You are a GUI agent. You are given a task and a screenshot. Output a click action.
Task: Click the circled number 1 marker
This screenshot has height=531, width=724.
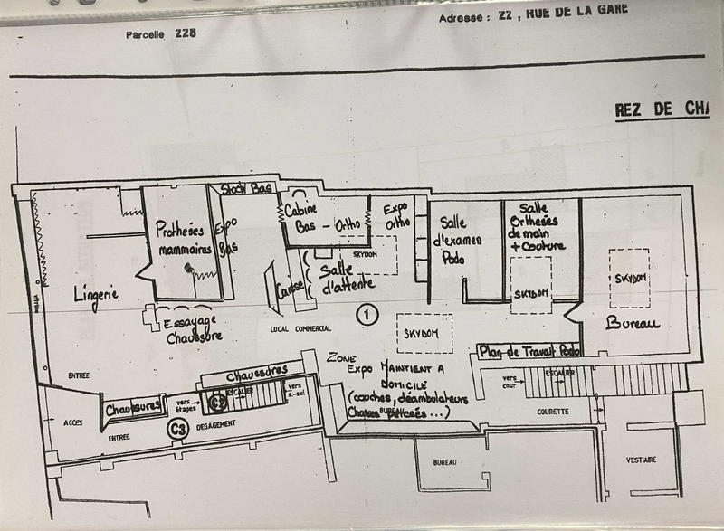[x=366, y=315]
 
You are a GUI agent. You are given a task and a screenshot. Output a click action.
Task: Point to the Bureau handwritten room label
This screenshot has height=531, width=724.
[x=633, y=323]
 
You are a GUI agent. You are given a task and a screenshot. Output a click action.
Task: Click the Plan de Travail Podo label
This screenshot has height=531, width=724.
[x=529, y=350]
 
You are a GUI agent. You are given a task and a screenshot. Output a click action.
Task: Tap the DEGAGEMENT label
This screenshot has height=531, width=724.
[x=216, y=423]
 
